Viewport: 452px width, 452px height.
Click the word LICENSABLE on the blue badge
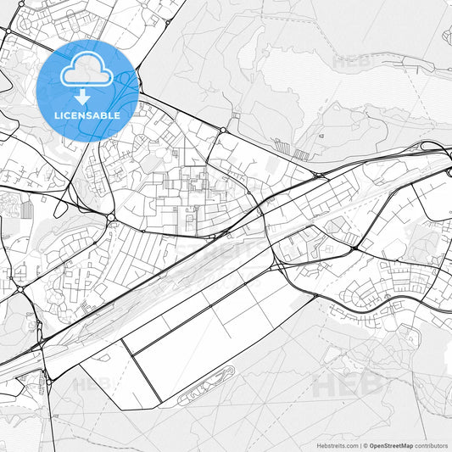[88, 115]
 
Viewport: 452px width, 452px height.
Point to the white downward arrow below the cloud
[83, 98]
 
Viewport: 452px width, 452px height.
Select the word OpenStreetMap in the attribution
[391, 444]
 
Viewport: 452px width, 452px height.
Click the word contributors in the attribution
[432, 444]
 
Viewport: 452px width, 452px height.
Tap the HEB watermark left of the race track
[91, 383]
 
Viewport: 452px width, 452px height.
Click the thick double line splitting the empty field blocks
[142, 371]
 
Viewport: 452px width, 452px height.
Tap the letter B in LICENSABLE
[108, 115]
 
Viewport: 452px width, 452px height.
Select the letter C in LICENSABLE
[73, 115]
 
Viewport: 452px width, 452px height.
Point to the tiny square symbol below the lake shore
[322, 134]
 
